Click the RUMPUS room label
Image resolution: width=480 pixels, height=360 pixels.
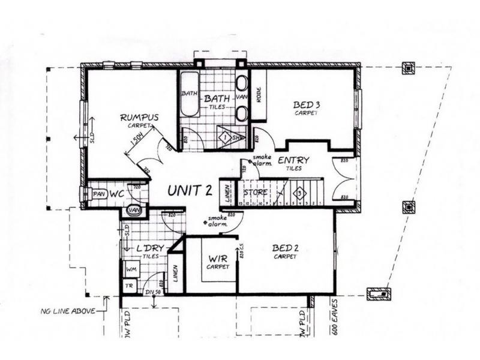(x=139, y=118)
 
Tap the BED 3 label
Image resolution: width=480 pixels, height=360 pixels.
(x=307, y=106)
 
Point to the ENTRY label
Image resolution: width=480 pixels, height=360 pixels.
(x=293, y=160)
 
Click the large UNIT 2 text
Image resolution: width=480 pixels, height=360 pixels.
(x=190, y=190)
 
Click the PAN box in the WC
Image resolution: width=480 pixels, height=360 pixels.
(x=99, y=194)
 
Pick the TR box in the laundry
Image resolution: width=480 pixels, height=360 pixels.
(x=128, y=287)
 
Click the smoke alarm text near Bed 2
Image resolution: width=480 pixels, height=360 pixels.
(x=217, y=221)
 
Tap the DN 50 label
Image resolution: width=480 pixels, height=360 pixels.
(x=154, y=292)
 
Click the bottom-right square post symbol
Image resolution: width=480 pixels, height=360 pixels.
(x=379, y=294)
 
